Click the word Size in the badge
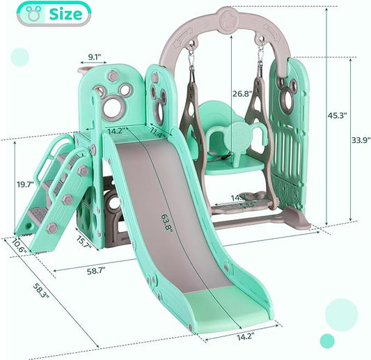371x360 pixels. (70, 13)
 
